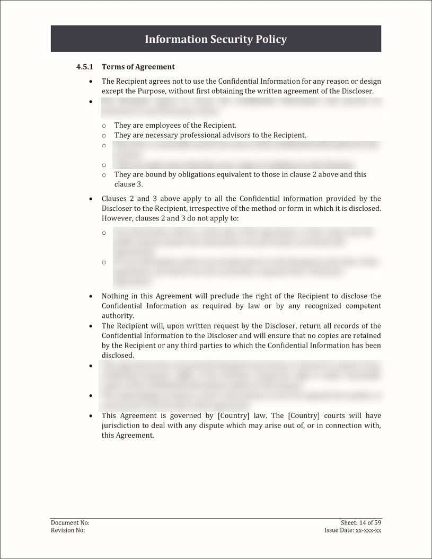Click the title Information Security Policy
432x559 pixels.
point(216,39)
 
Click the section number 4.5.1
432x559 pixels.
point(84,67)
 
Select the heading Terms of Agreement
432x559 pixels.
point(138,67)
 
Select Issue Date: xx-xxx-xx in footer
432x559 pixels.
point(352,530)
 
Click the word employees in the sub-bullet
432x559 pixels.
point(158,125)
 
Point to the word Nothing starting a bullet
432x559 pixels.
point(114,296)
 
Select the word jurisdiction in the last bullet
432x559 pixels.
point(121,425)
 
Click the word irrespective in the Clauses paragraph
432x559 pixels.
point(207,208)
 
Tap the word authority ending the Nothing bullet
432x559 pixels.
point(117,316)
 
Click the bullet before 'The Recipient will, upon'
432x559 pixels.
point(91,326)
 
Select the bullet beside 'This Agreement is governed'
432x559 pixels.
point(91,416)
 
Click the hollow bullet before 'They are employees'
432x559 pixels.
point(104,126)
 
